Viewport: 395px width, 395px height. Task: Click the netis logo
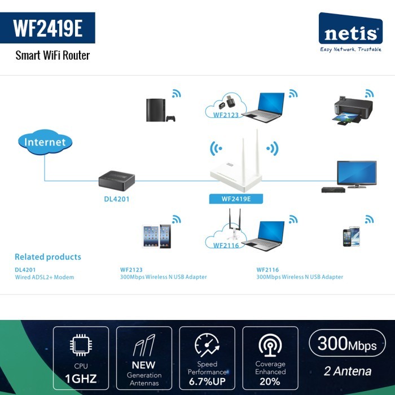[350, 32]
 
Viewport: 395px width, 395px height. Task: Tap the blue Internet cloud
[45, 142]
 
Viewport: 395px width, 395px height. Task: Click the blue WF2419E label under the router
[236, 199]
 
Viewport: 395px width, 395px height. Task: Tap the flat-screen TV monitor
[357, 174]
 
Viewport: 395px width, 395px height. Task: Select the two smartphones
[351, 236]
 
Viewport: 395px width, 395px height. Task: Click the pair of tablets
[156, 236]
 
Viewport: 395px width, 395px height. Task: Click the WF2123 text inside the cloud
[226, 115]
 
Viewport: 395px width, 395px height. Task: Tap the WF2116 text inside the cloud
[226, 245]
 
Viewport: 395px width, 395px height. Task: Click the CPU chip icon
[81, 345]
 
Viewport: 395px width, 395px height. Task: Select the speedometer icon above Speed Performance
[207, 345]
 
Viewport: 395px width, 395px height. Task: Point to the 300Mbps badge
[347, 343]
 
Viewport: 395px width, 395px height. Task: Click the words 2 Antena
[348, 371]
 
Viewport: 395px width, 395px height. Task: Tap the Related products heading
[48, 257]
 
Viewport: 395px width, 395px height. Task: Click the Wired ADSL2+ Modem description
[45, 277]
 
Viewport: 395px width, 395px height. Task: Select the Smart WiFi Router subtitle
[52, 55]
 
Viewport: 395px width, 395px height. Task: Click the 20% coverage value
[270, 381]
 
